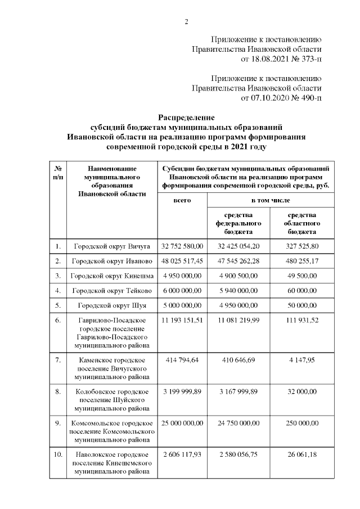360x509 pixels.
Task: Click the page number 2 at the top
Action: [x=186, y=22]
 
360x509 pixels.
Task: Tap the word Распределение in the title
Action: [x=186, y=117]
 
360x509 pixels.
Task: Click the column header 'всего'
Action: [x=182, y=200]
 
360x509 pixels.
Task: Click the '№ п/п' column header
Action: [x=57, y=173]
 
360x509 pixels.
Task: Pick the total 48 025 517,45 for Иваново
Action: [x=182, y=262]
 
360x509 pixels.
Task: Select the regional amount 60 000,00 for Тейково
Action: [x=302, y=291]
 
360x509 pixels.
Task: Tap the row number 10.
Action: [x=57, y=454]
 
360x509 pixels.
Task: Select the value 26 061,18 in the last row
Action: [x=302, y=454]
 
